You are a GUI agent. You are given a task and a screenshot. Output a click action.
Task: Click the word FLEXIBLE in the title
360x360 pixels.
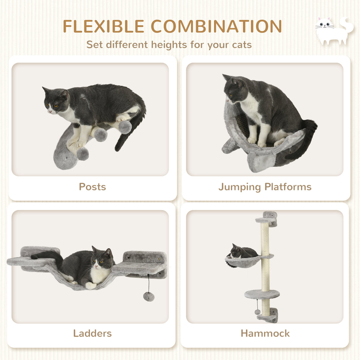[103, 27]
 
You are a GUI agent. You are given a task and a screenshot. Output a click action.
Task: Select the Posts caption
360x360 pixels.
[92, 187]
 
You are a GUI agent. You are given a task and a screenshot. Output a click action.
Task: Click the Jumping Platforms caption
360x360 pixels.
[265, 187]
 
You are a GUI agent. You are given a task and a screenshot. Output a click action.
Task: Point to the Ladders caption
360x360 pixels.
[92, 333]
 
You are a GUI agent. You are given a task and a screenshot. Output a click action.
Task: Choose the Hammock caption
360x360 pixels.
[265, 333]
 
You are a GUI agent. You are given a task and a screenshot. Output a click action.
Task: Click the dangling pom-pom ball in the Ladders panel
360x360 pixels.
[149, 296]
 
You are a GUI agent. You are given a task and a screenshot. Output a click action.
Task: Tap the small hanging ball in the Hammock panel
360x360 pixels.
[257, 312]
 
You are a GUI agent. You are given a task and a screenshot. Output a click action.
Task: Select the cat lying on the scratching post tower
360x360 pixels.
[242, 252]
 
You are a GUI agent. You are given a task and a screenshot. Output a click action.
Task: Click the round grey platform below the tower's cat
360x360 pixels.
[262, 294]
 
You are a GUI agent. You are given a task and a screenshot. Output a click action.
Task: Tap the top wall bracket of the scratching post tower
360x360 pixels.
[269, 218]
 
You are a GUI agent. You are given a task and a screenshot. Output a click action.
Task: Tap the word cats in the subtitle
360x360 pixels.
[241, 44]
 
